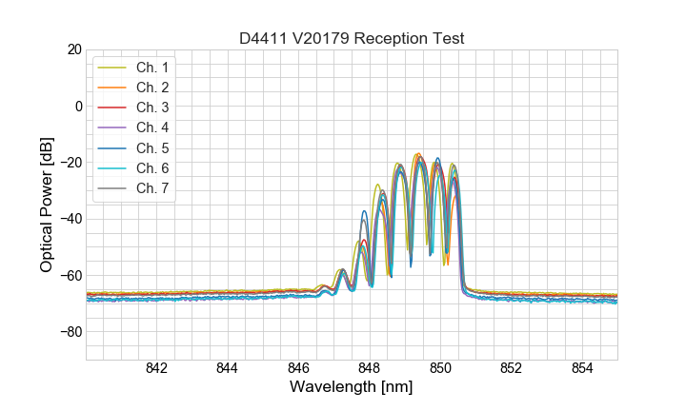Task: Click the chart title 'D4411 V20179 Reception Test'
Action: point(352,38)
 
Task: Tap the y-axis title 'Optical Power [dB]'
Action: point(47,205)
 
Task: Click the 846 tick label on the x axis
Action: point(298,368)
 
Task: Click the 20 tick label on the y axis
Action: point(73,49)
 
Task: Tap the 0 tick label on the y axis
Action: point(77,106)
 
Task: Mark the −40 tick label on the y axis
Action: point(70,219)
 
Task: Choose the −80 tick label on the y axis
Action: point(70,332)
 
